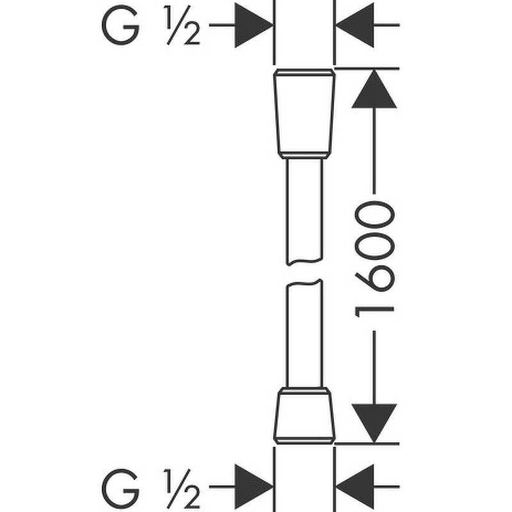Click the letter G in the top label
(x=120, y=26)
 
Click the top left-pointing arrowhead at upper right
(x=355, y=26)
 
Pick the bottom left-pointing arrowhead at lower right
(x=355, y=486)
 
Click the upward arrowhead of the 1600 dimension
(x=374, y=90)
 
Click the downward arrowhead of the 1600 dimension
(x=374, y=422)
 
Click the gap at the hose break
(x=304, y=271)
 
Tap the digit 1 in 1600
(x=374, y=311)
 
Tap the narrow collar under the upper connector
(x=304, y=156)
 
